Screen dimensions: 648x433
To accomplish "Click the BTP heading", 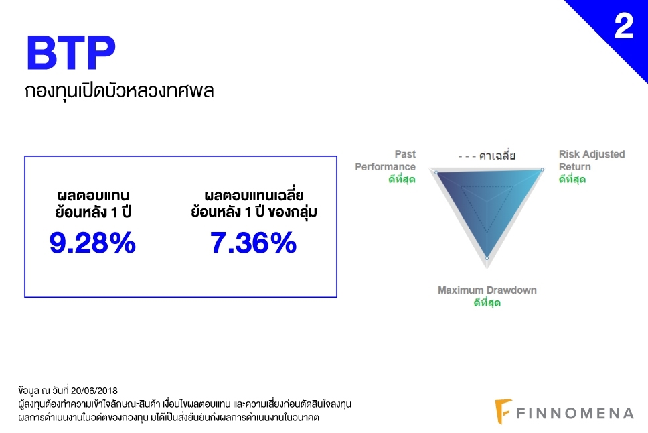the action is click(71, 52).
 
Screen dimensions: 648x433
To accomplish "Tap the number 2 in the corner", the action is click(624, 25).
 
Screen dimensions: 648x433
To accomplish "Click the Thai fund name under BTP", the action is click(119, 90).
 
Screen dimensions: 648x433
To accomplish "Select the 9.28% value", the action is click(92, 243).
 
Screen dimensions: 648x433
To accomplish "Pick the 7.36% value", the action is click(253, 243).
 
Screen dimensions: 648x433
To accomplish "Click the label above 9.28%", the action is click(93, 204).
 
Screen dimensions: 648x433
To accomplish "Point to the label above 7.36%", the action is click(254, 204).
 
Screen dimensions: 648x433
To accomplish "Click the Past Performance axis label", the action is click(385, 160).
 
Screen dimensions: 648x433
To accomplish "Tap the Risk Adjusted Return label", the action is click(592, 160).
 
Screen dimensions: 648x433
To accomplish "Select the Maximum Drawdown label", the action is click(487, 290).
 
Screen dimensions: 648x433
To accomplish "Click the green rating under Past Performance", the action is click(402, 179).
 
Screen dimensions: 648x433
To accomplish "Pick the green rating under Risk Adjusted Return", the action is click(572, 179).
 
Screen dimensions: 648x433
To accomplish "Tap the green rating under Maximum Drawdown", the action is click(487, 302).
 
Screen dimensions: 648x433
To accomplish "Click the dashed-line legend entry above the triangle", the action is click(487, 156).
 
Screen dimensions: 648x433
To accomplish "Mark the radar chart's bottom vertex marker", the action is click(487, 258).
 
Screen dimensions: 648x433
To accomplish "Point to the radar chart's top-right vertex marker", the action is click(542, 170).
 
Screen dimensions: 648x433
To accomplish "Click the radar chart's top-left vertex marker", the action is click(436, 172).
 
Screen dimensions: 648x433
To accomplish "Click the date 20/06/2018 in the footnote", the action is click(94, 390).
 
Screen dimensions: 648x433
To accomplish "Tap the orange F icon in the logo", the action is click(503, 412).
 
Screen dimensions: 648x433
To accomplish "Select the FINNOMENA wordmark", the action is click(575, 413).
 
